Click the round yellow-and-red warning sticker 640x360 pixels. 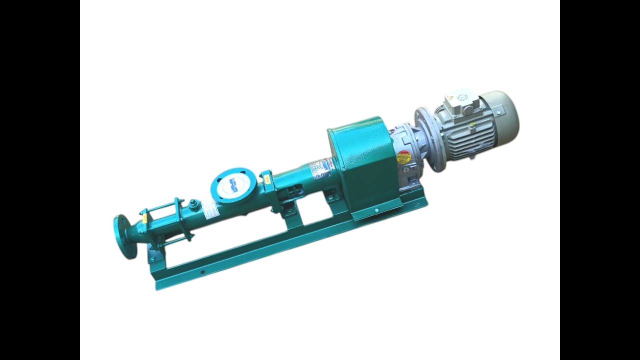403,157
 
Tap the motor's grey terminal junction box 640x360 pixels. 459,102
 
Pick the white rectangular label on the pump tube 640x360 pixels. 209,208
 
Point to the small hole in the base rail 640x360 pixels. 202,273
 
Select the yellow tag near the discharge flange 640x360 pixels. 145,218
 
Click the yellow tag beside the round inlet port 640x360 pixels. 267,177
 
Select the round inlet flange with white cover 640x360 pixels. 233,185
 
